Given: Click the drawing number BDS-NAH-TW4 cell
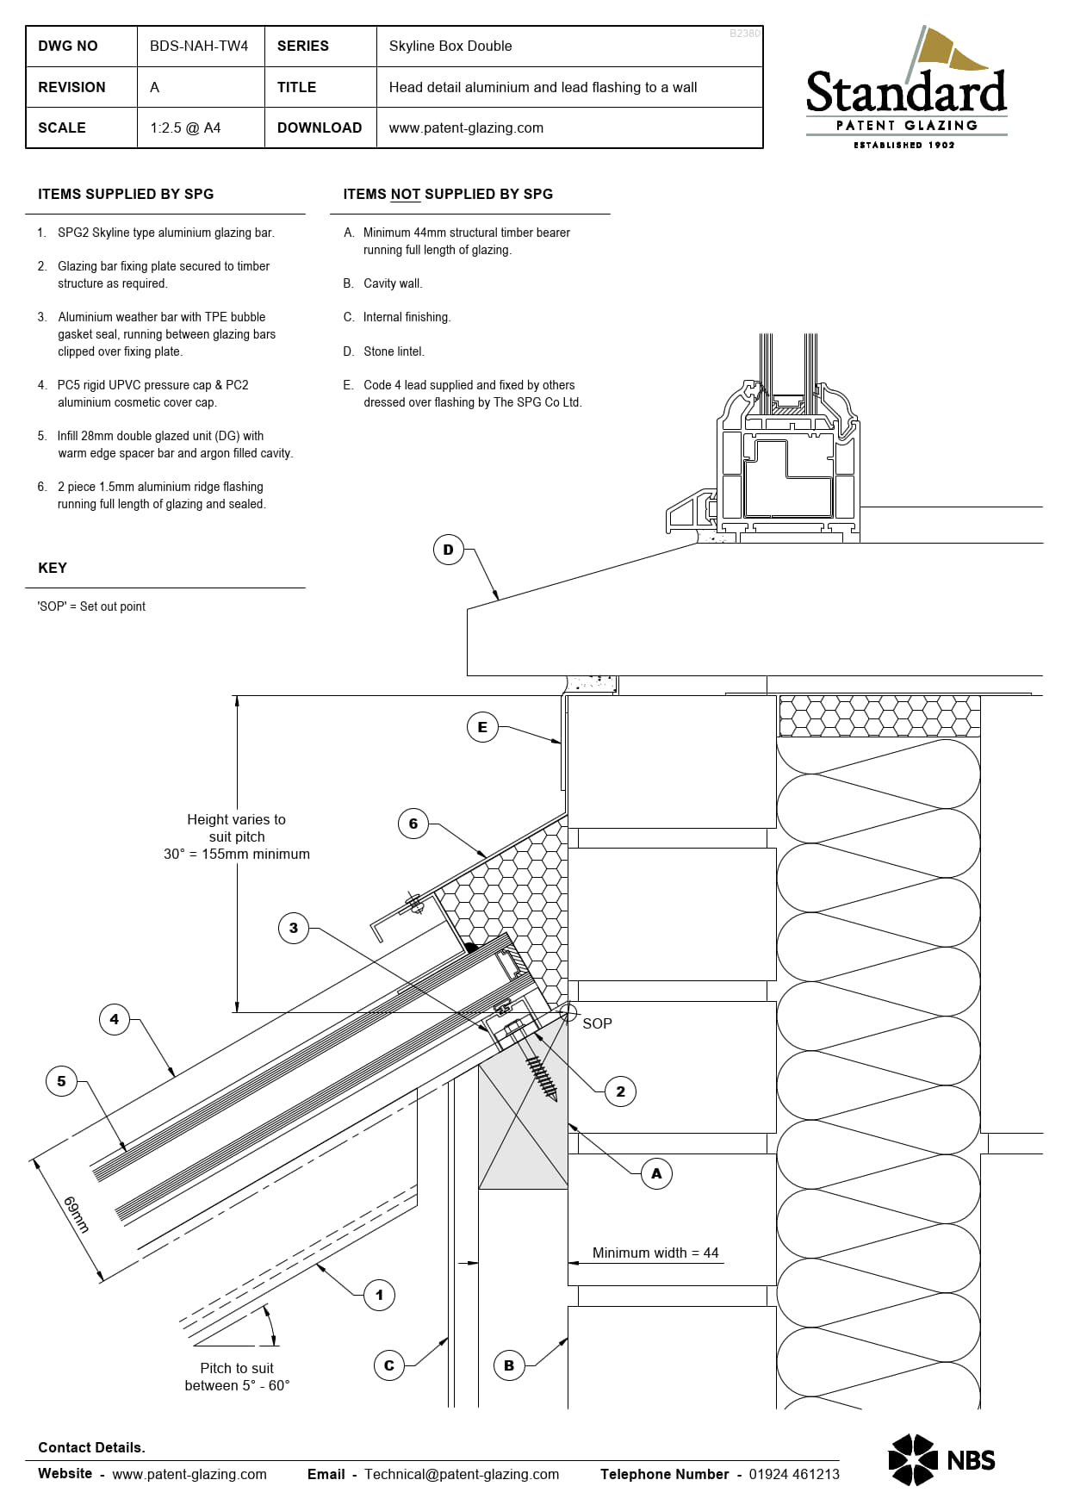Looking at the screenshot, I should point(199,47).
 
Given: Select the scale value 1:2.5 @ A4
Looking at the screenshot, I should point(185,128).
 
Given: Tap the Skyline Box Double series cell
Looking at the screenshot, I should point(450,47).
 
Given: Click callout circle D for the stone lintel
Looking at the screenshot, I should point(448,550).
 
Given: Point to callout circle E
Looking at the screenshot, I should point(482,727).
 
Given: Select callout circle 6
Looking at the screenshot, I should point(413,824).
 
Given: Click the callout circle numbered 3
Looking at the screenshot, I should point(294,928).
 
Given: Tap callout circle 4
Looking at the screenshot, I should point(115,1019).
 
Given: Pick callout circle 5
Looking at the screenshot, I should point(61,1081).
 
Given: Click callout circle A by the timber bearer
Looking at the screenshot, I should point(656,1173).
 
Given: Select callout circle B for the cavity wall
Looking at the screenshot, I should point(509,1365).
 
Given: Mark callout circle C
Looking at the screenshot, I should point(389,1365).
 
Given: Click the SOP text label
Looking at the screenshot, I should point(597,1023).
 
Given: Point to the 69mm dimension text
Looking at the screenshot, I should point(77,1214).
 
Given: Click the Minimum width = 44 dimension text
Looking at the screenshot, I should point(655,1253).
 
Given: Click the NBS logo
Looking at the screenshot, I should point(941,1460).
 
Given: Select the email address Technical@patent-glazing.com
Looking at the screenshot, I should point(462,1474).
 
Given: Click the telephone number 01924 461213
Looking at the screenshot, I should point(793,1474).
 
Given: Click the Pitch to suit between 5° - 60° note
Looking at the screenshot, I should point(237,1377).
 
